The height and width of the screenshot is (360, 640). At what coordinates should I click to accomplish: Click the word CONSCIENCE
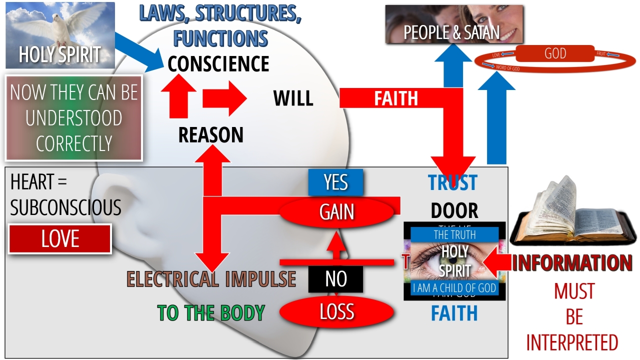tap(218, 64)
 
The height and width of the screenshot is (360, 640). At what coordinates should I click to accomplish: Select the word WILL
tap(293, 98)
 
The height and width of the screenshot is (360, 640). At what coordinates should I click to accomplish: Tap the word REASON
tap(211, 135)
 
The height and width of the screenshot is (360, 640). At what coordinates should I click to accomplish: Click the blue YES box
tap(335, 182)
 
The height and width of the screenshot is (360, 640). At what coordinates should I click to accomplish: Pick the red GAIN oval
tap(337, 212)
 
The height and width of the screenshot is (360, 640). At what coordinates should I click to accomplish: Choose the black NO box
tap(335, 279)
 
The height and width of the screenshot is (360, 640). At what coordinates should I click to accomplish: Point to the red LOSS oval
tap(336, 312)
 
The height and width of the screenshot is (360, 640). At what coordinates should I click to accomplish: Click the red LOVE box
tap(60, 239)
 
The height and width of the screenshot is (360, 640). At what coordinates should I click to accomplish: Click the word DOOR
tap(454, 211)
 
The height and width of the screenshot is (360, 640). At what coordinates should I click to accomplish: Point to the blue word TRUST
tap(452, 183)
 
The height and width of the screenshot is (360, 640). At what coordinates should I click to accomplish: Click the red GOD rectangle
tap(555, 54)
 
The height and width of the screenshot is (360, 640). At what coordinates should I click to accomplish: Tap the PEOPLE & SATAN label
tap(451, 33)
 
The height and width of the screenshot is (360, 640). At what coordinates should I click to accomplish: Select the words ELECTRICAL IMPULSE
tap(211, 279)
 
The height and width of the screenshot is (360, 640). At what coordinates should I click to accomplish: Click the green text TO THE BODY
tap(211, 313)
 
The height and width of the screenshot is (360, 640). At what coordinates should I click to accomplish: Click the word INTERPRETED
tap(572, 343)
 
